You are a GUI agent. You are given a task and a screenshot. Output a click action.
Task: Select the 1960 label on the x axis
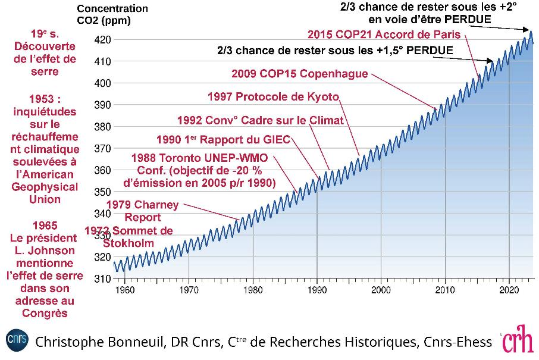pyautogui.click(x=125, y=290)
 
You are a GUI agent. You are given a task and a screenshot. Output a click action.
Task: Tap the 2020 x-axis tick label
pyautogui.click(x=509, y=290)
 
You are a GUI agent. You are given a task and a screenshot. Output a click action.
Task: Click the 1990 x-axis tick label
pyautogui.click(x=316, y=290)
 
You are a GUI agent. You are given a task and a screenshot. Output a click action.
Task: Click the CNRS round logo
pyautogui.click(x=17, y=340)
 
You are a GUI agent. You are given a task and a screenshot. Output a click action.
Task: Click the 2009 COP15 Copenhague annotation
pyautogui.click(x=299, y=74)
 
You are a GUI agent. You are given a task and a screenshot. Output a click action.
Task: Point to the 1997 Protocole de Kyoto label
pyautogui.click(x=273, y=96)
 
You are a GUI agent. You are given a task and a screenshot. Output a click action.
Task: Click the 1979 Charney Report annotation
pyautogui.click(x=148, y=211)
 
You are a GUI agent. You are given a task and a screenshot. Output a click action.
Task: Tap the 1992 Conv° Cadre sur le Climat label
pyautogui.click(x=261, y=120)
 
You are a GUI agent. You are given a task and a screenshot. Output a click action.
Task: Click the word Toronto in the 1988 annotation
pyautogui.click(x=182, y=158)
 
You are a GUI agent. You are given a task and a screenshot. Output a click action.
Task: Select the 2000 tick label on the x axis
pyautogui.click(x=381, y=290)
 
